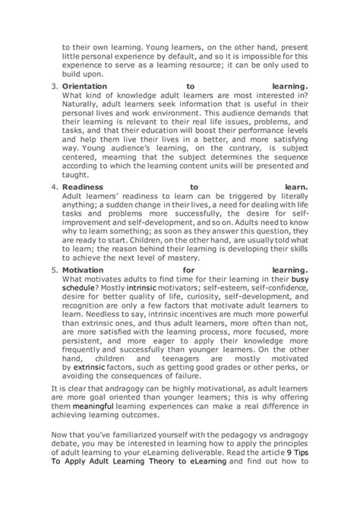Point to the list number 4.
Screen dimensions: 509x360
pos(54,185)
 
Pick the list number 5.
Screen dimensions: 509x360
pos(54,269)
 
